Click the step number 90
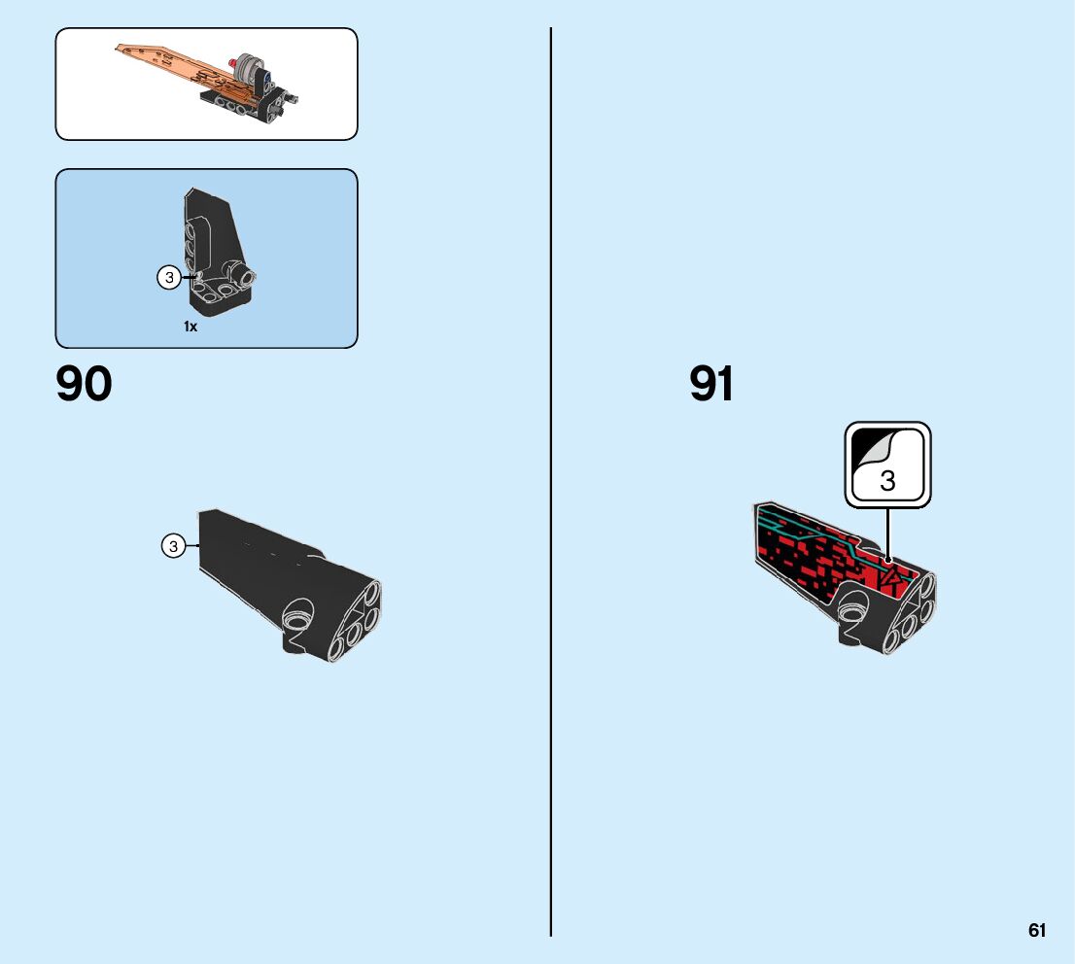(x=85, y=385)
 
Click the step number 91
(x=711, y=385)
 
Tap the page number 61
(x=1037, y=931)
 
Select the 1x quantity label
(x=191, y=327)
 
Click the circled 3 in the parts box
(x=169, y=279)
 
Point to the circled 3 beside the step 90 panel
(x=173, y=547)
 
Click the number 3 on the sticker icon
(x=887, y=480)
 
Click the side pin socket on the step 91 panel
(x=853, y=612)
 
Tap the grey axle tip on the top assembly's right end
(x=295, y=97)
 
